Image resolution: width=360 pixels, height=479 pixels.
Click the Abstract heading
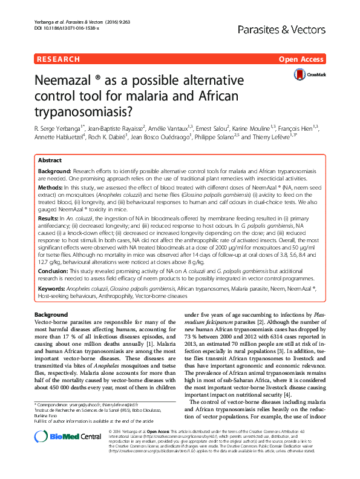(x=50, y=161)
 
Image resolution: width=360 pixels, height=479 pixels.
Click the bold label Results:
(x=50, y=217)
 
